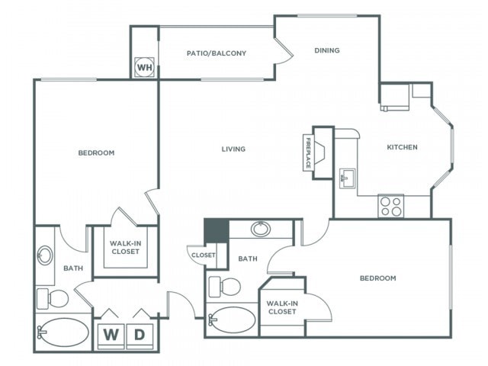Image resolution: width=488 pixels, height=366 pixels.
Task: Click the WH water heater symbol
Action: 145,67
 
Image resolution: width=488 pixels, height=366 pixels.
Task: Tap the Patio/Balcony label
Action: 217,53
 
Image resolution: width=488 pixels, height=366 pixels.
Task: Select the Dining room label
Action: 327,50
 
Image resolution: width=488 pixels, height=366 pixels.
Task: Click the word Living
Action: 233,149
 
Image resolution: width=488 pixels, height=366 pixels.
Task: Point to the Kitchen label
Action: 402,147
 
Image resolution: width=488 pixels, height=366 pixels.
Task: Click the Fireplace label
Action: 308,152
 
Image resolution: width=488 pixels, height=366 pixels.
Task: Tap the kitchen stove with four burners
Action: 391,206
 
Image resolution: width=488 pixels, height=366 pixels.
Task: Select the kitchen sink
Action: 348,178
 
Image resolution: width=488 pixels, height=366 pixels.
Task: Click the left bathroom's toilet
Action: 53,299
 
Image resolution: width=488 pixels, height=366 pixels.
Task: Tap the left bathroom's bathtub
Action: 63,332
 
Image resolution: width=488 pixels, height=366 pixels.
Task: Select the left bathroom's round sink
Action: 45,255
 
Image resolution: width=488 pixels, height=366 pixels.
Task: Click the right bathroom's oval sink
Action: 261,229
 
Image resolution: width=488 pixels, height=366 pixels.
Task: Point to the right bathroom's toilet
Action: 224,287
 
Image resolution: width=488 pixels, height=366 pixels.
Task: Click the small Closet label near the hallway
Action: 204,255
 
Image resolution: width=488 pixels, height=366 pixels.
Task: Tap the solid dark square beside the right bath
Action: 217,230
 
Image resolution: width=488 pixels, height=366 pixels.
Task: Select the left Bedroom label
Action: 96,152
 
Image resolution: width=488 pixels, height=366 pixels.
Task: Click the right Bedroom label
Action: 378,278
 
